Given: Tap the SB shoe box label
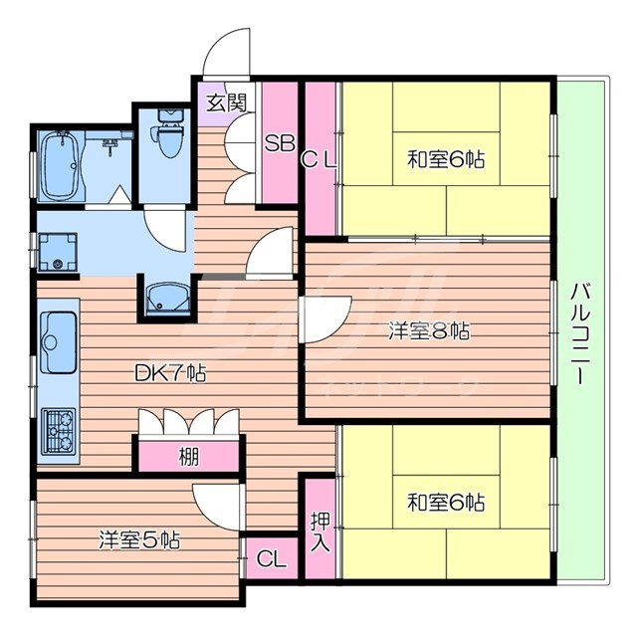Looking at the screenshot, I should click(x=279, y=141).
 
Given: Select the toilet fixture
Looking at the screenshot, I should click(x=166, y=138).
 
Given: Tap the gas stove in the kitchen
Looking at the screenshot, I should click(x=57, y=431).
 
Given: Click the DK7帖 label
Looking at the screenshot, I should click(x=170, y=374).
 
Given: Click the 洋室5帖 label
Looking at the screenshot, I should click(x=138, y=540).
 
